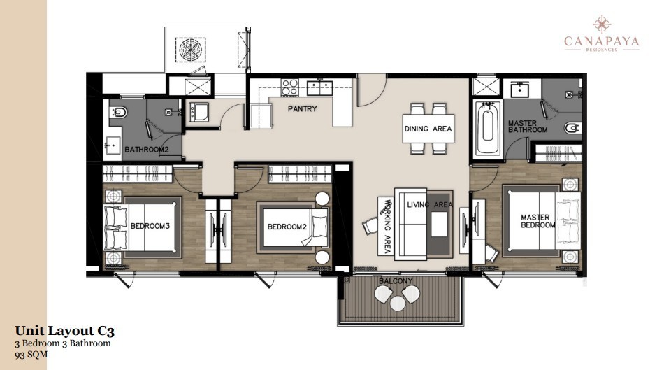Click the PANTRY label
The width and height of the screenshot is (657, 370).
pyautogui.click(x=302, y=108)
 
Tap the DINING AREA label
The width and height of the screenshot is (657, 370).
pyautogui.click(x=428, y=129)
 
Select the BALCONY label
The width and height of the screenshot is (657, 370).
pyautogui.click(x=396, y=281)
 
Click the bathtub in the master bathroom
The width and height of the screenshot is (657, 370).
pyautogui.click(x=487, y=129)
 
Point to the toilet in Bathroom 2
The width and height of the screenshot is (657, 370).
pyautogui.click(x=119, y=113)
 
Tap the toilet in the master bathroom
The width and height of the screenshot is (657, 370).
pyautogui.click(x=572, y=127)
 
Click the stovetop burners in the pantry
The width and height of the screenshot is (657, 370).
pyautogui.click(x=289, y=87)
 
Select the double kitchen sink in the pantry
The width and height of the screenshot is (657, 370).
pyautogui.click(x=319, y=88)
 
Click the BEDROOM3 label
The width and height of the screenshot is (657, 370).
pyautogui.click(x=150, y=226)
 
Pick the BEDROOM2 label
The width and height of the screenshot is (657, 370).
pyautogui.click(x=287, y=227)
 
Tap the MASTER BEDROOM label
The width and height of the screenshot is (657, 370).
pyautogui.click(x=537, y=221)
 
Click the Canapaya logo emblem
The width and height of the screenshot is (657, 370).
pyautogui.click(x=602, y=24)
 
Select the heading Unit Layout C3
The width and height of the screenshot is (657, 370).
pyautogui.click(x=64, y=331)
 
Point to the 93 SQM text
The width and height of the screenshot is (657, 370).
pyautogui.click(x=31, y=355)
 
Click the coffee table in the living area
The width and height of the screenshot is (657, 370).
pyautogui.click(x=439, y=225)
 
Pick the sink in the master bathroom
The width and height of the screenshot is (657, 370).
pyautogui.click(x=520, y=90)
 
